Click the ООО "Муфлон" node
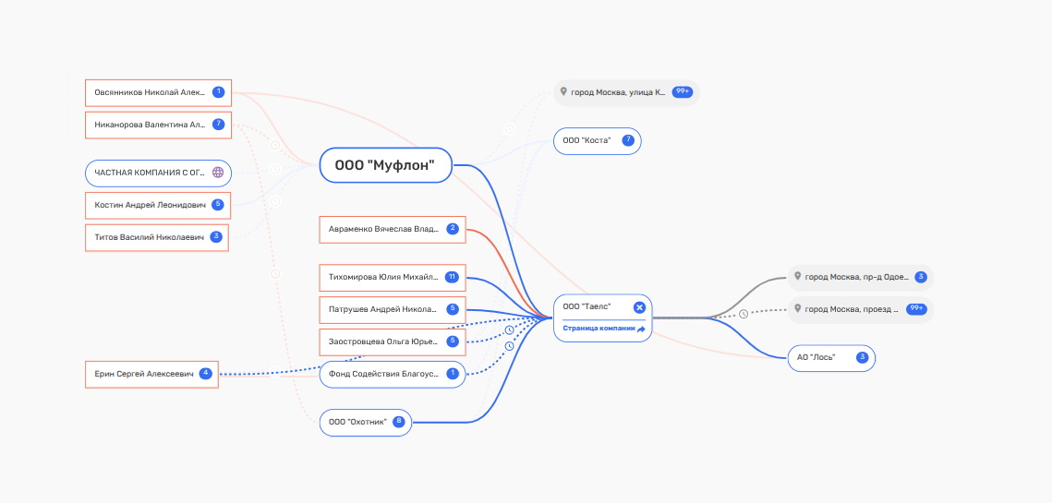[x=386, y=165]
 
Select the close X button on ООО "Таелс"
[x=639, y=307]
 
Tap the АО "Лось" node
[x=831, y=358]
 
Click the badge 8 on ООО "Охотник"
[x=399, y=422]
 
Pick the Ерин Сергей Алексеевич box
[x=151, y=374]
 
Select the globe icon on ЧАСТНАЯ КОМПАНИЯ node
[x=218, y=173]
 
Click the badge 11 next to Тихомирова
[x=453, y=277]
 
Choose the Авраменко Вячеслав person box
[x=393, y=230]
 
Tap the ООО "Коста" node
[x=597, y=141]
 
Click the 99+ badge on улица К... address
[x=683, y=92]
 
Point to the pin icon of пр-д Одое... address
[x=798, y=276]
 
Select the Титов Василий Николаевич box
[x=157, y=237]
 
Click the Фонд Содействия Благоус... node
[x=393, y=374]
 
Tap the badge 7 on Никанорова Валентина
[x=218, y=124]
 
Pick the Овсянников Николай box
[x=158, y=92]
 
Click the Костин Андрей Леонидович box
[x=158, y=205]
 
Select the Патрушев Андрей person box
[x=393, y=310]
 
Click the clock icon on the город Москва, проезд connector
[x=744, y=314]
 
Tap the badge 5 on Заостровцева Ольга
[x=453, y=341]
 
